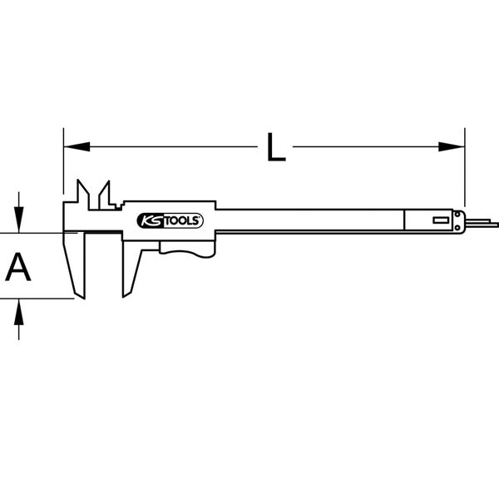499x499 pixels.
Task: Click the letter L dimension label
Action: (275, 148)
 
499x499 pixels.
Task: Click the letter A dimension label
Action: (19, 268)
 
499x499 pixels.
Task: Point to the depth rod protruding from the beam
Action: (481, 222)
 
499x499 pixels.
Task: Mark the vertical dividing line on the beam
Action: (403, 220)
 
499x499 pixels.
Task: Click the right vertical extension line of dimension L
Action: (464, 166)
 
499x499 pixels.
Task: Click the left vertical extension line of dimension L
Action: (63, 166)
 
